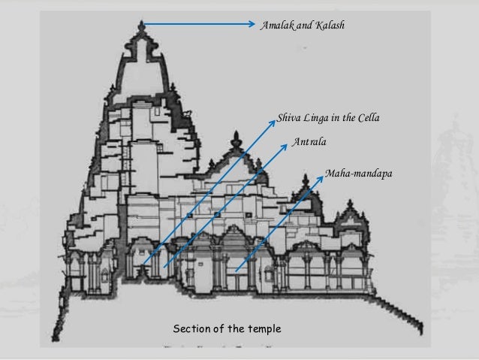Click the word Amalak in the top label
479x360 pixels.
point(276,26)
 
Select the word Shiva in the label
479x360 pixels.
point(289,118)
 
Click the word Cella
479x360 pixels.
point(367,118)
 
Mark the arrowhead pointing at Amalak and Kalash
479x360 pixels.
point(253,24)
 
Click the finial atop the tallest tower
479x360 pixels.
point(142,28)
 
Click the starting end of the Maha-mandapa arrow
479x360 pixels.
point(235,271)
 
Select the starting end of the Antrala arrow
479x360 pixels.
point(164,266)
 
